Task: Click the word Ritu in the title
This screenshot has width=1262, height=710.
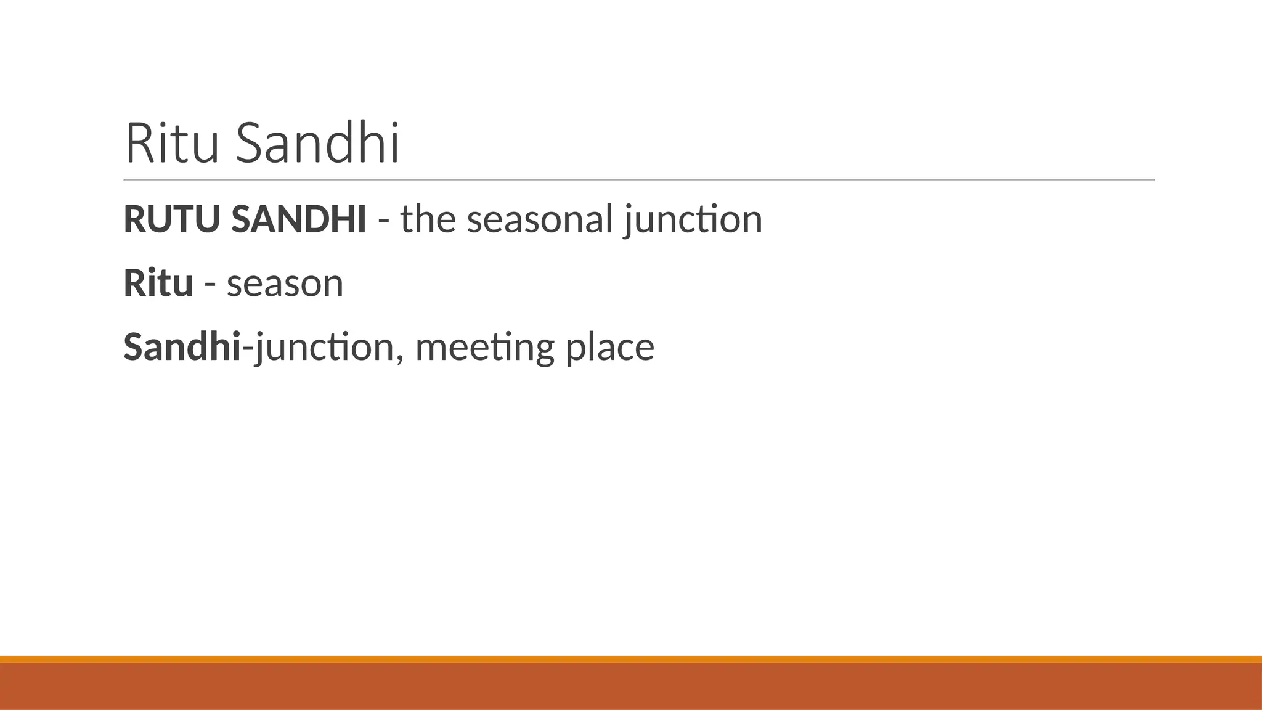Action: (x=172, y=144)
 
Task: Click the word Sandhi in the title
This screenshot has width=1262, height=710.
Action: (x=318, y=144)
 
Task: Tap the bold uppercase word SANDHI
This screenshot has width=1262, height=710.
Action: (x=299, y=219)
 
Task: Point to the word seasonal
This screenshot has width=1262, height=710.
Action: (x=540, y=219)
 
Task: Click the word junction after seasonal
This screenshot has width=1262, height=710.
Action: (x=693, y=219)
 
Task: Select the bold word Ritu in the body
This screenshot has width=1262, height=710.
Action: (x=158, y=283)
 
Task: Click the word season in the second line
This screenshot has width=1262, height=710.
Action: (x=285, y=284)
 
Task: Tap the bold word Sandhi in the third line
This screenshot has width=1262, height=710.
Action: (x=182, y=346)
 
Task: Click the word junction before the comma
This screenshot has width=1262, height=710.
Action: (x=324, y=347)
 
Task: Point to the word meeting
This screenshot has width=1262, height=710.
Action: (x=484, y=348)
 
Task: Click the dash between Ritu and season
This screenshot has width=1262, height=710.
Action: (x=210, y=285)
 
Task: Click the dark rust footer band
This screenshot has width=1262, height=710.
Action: (x=631, y=687)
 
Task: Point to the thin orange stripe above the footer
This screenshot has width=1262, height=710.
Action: (x=631, y=659)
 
